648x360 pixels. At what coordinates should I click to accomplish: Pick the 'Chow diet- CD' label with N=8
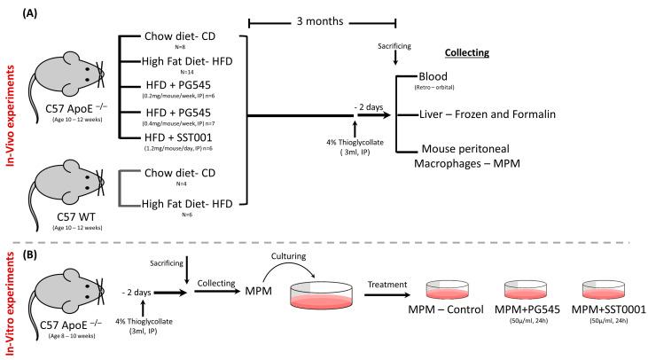pos(181,38)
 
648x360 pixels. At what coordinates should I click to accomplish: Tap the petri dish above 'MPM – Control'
pos(454,292)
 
